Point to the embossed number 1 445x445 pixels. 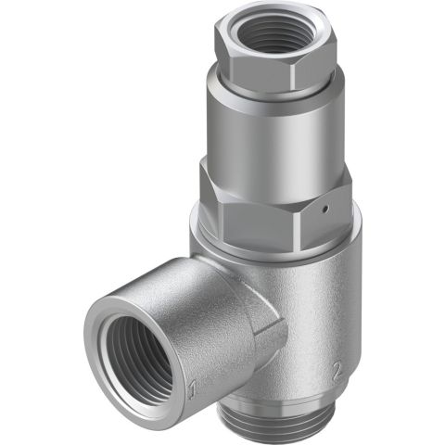pyautogui.click(x=191, y=385)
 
